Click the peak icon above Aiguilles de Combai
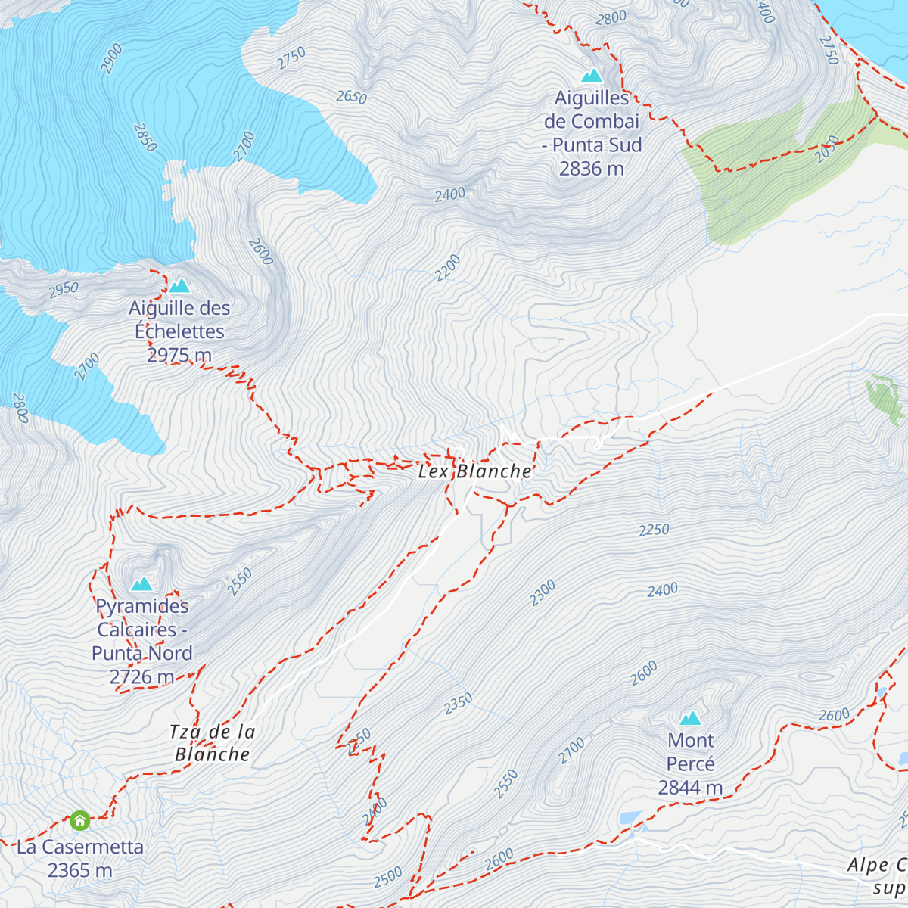click(592, 76)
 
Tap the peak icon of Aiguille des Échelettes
click(179, 286)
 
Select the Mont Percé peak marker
click(690, 718)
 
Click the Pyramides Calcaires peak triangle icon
click(141, 584)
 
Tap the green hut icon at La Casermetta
click(79, 820)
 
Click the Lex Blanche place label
click(475, 471)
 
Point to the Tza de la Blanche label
click(212, 743)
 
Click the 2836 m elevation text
click(592, 169)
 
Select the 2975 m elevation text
click(179, 355)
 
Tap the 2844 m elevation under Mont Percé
click(690, 788)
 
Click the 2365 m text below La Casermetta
click(79, 871)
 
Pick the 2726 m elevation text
click(141, 676)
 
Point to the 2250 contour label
click(654, 530)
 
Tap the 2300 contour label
click(543, 592)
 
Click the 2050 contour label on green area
click(828, 149)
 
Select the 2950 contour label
click(64, 288)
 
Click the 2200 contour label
click(448, 268)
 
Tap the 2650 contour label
click(351, 97)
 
